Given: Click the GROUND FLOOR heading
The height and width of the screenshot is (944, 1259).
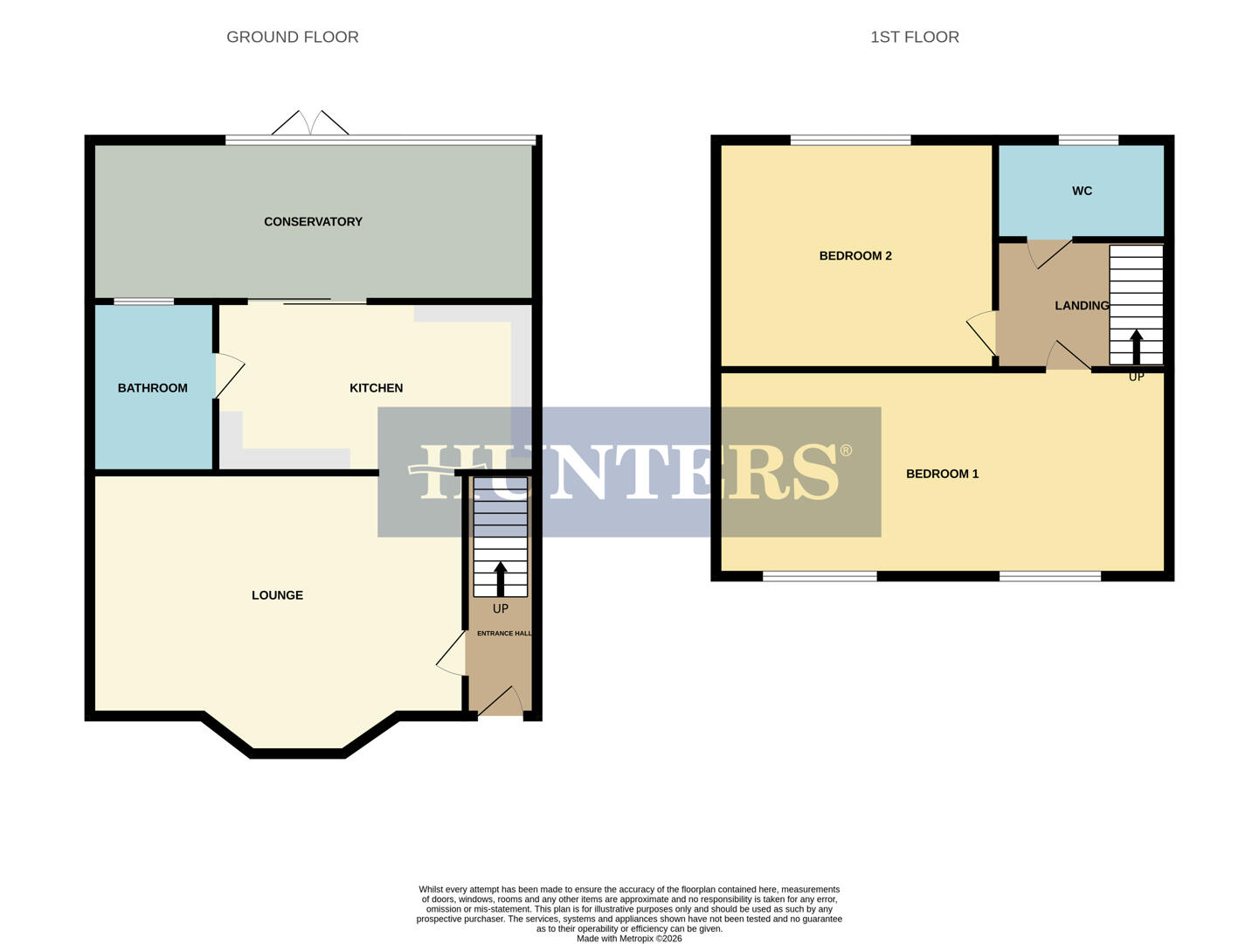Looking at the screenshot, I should tap(292, 37).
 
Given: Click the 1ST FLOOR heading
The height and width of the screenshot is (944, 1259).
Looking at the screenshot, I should tap(914, 37).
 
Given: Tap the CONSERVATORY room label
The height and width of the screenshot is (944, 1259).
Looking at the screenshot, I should tap(313, 222).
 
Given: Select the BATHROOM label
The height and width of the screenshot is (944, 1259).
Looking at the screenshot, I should tap(152, 388).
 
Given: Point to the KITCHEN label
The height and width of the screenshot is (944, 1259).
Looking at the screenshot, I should tap(376, 388).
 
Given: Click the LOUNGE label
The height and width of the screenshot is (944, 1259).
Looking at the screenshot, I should tap(277, 595).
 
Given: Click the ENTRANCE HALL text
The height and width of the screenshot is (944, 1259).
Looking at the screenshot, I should tap(503, 633).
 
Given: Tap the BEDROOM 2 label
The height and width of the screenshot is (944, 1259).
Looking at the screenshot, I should tap(854, 256).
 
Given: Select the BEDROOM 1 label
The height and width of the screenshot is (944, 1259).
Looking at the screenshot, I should tap(942, 474).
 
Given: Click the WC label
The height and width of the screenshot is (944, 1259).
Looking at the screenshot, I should tap(1082, 191).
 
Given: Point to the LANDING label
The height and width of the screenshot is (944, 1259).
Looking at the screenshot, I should tap(1081, 306).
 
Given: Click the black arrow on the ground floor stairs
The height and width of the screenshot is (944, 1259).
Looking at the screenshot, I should tap(501, 578).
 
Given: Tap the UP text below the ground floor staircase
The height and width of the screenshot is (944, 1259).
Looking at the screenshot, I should tap(501, 608).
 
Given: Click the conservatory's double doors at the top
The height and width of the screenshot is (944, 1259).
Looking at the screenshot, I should tap(310, 123).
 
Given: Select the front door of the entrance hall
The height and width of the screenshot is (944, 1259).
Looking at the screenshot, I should tap(501, 702).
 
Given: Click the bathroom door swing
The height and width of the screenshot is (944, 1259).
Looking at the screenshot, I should tap(230, 376).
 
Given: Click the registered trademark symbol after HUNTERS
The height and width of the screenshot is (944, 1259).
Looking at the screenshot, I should tap(845, 451).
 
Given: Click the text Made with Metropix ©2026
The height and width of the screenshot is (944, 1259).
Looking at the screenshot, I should tap(629, 939).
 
